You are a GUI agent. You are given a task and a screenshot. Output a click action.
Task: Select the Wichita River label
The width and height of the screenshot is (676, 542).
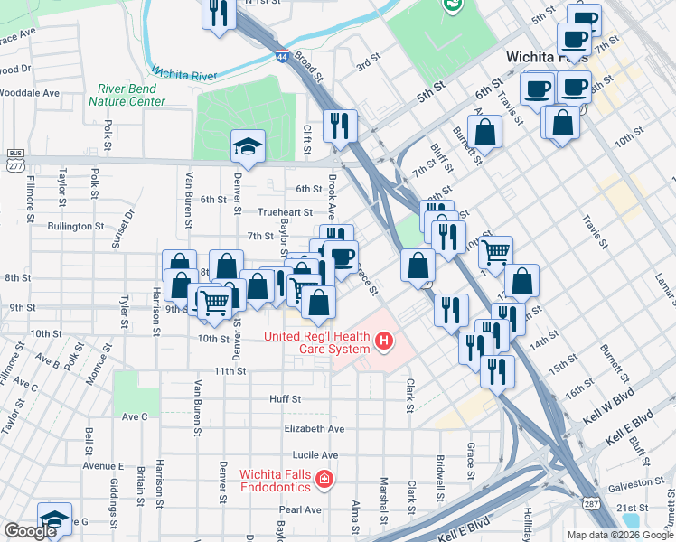184,71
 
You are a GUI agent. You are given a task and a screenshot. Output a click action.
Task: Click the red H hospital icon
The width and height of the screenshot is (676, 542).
385,341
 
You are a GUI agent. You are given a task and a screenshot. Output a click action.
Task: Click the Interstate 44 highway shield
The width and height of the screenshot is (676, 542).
282,56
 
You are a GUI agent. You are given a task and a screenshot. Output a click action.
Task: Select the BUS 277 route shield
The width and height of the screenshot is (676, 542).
14,159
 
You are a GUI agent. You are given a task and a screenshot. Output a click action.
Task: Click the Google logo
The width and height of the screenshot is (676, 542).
30,531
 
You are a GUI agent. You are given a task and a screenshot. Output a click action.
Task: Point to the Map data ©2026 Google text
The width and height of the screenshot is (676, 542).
618,535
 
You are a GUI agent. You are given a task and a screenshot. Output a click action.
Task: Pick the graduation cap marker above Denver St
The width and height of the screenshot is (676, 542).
246,146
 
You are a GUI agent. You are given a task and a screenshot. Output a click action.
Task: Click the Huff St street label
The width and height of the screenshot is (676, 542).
285,398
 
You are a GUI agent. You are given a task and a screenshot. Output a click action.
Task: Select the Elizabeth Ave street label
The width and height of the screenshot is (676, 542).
314,428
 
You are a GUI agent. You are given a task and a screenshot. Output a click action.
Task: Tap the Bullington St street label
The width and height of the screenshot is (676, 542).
77,226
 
